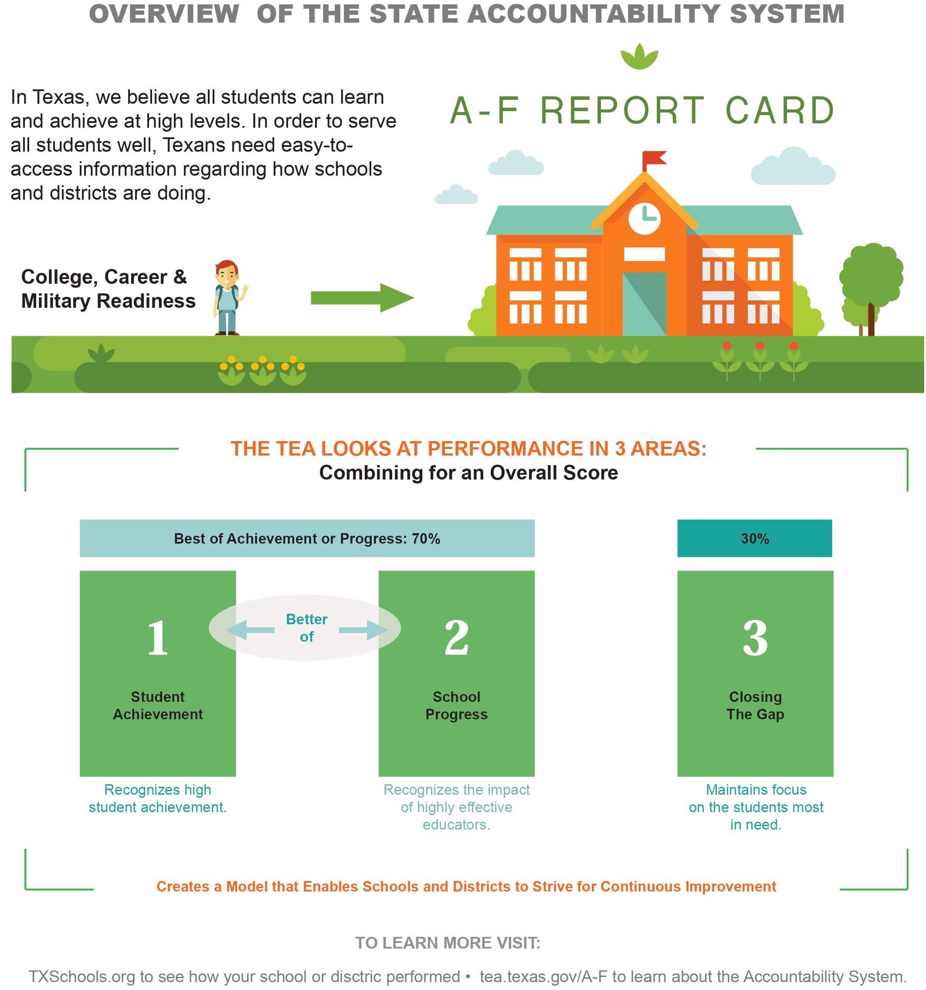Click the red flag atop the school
653,160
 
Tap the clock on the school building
644,218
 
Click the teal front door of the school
644,303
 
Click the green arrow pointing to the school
362,298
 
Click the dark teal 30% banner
754,538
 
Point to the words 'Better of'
306,627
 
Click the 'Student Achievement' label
157,705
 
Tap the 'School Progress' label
456,705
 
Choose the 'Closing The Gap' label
755,705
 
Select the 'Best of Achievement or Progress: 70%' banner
307,538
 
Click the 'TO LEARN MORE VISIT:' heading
447,942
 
